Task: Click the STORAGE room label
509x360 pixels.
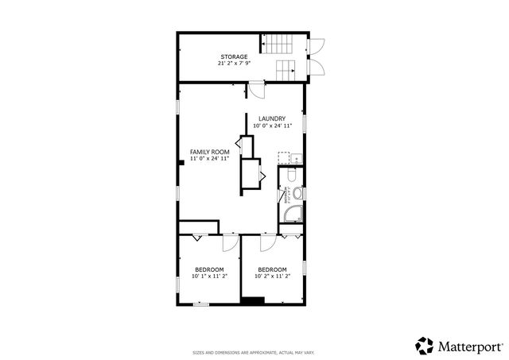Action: pos(234,56)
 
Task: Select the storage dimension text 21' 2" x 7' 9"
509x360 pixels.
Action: pos(234,63)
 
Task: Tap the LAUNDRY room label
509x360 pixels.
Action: pos(273,119)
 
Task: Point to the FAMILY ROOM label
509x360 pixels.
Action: pos(209,151)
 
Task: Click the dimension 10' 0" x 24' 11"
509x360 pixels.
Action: pos(273,126)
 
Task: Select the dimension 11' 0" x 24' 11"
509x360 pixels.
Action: pos(209,158)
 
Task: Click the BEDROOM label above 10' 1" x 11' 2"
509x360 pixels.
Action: pos(209,269)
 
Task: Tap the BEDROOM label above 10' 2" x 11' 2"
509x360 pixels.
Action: pos(272,269)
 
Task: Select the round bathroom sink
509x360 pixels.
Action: pos(297,193)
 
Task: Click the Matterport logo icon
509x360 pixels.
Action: pos(425,345)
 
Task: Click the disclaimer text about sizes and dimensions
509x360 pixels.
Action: pos(254,352)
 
